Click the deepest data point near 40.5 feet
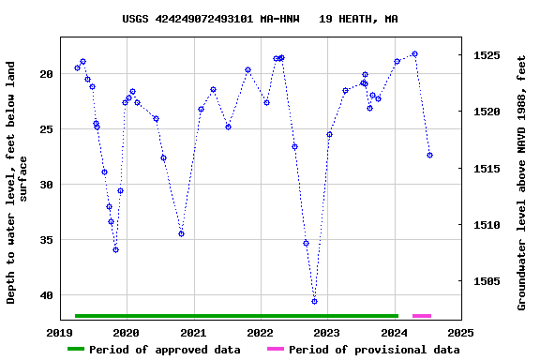pyautogui.click(x=314, y=301)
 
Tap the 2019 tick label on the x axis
pyautogui.click(x=60, y=332)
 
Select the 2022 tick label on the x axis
pyautogui.click(x=260, y=332)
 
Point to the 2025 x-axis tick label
pyautogui.click(x=460, y=332)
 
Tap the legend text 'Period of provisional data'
pyautogui.click(x=374, y=350)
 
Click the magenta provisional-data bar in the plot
pyautogui.click(x=422, y=316)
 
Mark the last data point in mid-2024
pyautogui.click(x=429, y=155)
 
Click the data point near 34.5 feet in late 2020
pyautogui.click(x=181, y=233)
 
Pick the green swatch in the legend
pyautogui.click(x=76, y=350)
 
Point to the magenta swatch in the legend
pyautogui.click(x=275, y=350)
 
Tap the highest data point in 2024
pyautogui.click(x=414, y=54)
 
